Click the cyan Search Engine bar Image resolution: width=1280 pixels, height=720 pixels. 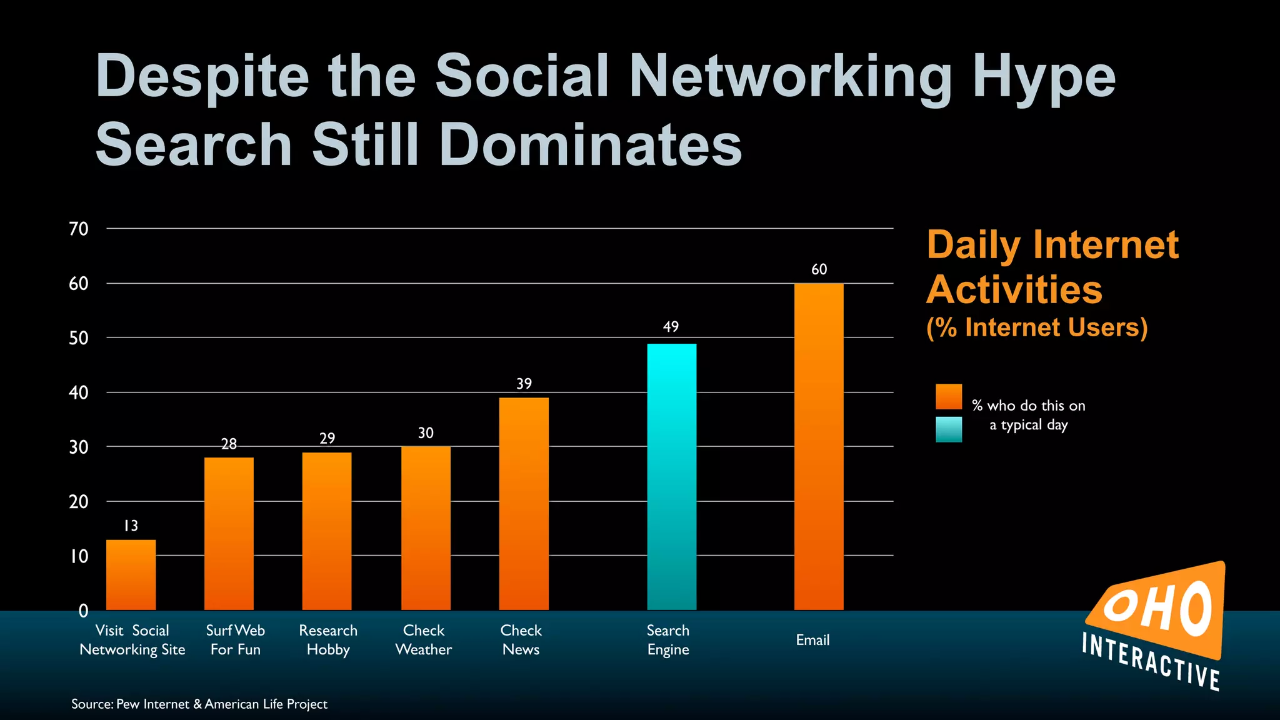click(671, 476)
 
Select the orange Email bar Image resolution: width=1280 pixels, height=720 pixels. click(819, 446)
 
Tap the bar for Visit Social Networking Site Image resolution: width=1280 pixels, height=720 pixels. click(131, 574)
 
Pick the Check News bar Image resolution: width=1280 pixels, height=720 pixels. click(524, 503)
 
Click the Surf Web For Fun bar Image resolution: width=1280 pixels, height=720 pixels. click(229, 533)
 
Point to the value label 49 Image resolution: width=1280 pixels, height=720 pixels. click(671, 327)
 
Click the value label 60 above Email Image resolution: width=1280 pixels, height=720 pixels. click(819, 269)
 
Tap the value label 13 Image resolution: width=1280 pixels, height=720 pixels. click(131, 526)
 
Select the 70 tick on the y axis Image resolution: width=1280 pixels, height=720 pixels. click(79, 229)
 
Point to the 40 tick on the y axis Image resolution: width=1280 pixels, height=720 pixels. click(79, 392)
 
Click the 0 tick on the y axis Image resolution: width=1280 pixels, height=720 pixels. click(83, 611)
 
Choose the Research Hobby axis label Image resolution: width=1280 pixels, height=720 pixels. click(328, 640)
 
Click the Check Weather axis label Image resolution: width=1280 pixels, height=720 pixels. click(424, 640)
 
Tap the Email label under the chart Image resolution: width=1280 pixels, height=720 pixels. click(812, 640)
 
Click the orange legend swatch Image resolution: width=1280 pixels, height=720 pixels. click(948, 397)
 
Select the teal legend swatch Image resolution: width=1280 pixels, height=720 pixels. click(948, 429)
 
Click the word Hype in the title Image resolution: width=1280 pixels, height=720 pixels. click(1044, 77)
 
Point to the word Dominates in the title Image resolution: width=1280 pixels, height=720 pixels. click(590, 145)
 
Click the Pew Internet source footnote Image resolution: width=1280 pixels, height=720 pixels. click(199, 704)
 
